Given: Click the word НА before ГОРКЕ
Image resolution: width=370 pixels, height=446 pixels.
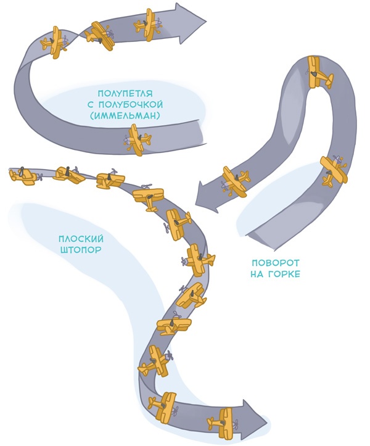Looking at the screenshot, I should (x=258, y=273).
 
